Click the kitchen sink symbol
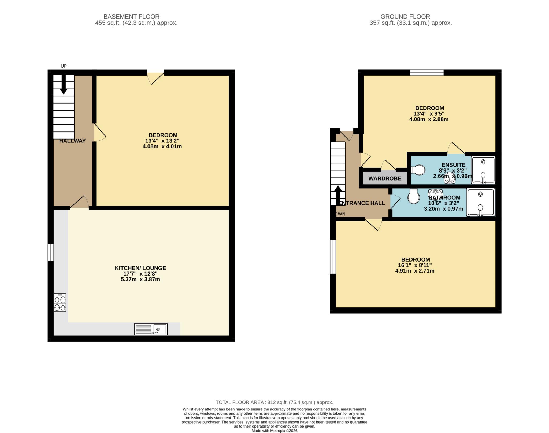151,329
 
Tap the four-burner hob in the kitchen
60,303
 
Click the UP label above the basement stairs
64,66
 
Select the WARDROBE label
385,178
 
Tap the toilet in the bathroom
413,196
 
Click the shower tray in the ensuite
483,170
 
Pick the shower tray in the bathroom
480,202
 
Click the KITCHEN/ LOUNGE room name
140,268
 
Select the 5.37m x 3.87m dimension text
140,279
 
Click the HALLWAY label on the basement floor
72,141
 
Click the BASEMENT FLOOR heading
131,17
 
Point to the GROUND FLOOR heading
405,17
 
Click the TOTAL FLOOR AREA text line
274,402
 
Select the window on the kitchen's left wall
50,252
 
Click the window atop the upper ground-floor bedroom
426,72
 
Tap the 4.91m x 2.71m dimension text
415,271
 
